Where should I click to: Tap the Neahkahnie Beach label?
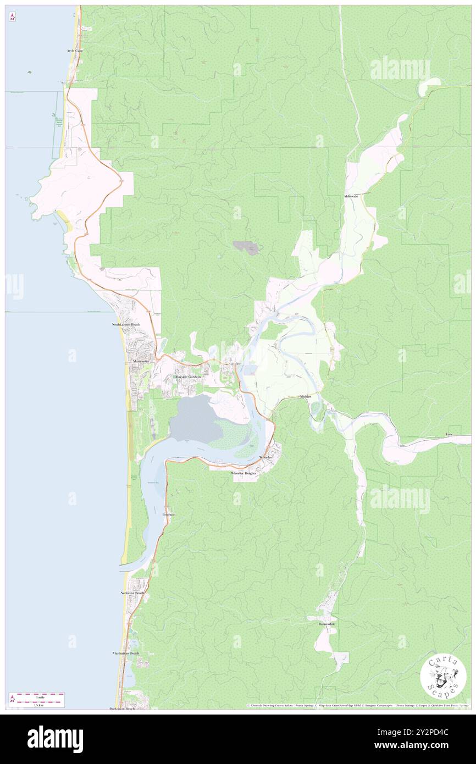123,325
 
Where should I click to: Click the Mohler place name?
306,396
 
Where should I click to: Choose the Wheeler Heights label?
243,473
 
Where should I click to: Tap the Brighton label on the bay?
168,514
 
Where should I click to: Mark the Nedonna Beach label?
132,593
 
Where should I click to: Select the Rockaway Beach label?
122,709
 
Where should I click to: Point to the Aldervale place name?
351,196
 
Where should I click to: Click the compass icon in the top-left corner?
12,16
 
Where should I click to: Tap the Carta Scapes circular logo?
443,678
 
